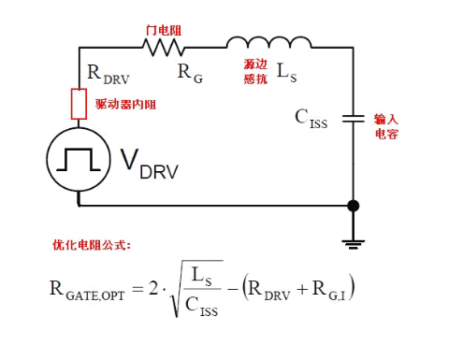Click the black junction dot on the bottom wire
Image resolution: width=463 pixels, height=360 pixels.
[x=353, y=205]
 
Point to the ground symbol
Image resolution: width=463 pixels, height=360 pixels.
[x=353, y=241]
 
